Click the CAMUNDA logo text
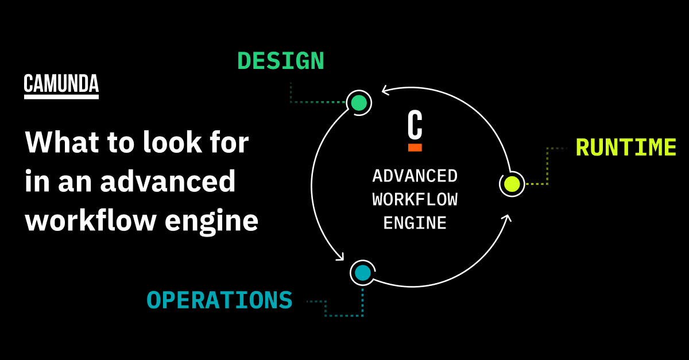point(61,84)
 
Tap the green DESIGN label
point(280,61)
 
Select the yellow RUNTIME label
point(626,148)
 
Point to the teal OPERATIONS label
point(219,300)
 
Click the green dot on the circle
point(359,103)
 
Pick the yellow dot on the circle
point(512,184)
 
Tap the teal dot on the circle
point(362,273)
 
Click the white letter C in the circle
point(415,125)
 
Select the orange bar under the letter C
point(415,148)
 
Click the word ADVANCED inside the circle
point(415,176)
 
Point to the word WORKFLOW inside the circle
point(415,199)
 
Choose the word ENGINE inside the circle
point(415,223)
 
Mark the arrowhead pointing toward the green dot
point(386,90)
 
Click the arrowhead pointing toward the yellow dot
point(506,219)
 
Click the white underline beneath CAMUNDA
point(61,96)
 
